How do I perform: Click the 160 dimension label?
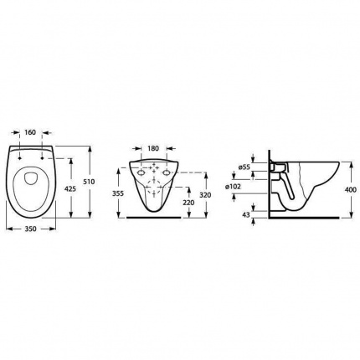pyautogui.click(x=30, y=132)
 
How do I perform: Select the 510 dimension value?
pyautogui.click(x=90, y=182)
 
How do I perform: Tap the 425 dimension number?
pyautogui.click(x=70, y=189)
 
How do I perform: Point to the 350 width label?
pyautogui.click(x=31, y=229)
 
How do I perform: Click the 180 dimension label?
pyautogui.click(x=153, y=148)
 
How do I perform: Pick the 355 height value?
pyautogui.click(x=118, y=193)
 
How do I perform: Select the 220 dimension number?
pyautogui.click(x=189, y=203)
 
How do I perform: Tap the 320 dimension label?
pyautogui.click(x=205, y=195)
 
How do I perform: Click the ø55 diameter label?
pyautogui.click(x=244, y=167)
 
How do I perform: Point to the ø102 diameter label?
pyautogui.click(x=233, y=187)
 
